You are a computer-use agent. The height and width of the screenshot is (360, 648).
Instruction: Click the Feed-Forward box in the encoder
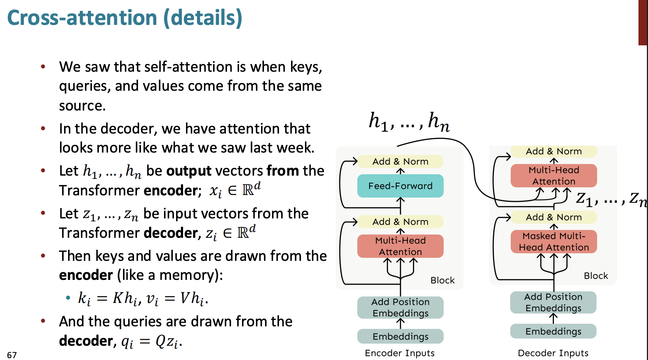pos(400,186)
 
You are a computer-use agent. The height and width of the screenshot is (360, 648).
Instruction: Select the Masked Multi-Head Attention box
pos(554,241)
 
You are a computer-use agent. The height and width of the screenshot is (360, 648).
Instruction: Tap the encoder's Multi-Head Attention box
pos(400,246)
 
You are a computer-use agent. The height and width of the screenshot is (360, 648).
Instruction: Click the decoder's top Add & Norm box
pos(554,151)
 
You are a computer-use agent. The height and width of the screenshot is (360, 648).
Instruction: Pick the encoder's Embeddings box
pos(400,336)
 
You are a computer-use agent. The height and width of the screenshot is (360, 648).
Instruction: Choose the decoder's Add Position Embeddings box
pos(553,302)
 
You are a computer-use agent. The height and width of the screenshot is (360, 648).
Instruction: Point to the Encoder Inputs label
pos(399,353)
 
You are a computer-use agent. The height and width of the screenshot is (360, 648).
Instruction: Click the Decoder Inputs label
pos(553,353)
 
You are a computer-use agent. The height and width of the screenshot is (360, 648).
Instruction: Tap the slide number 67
pos(12,355)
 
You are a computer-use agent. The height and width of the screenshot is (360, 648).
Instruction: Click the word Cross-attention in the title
pos(82,18)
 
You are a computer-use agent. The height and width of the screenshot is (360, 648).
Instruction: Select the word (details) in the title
pos(203,18)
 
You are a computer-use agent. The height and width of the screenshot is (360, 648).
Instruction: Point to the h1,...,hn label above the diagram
pos(409,121)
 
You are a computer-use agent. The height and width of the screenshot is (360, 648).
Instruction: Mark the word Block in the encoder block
pos(442,280)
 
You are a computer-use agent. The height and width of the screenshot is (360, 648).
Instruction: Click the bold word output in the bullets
pos(189,171)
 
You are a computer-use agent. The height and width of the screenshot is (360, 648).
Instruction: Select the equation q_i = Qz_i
pos(152,342)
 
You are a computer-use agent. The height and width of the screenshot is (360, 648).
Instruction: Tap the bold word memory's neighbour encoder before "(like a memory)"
pos(86,275)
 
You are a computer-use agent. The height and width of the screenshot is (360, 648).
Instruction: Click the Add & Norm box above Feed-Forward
pos(400,161)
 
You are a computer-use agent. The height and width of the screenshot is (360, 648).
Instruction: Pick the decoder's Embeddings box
pos(553,331)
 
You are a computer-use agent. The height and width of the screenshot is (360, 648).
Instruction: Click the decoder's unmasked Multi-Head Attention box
pos(554,176)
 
